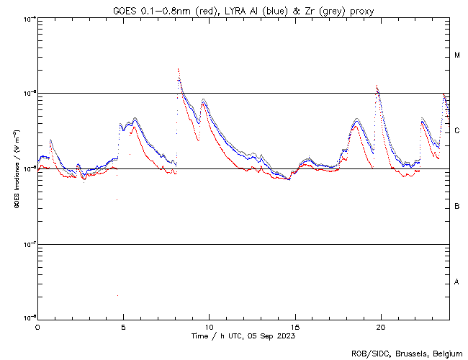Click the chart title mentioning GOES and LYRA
(x=243, y=11)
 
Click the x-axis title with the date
(x=243, y=336)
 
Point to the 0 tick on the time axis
(x=37, y=326)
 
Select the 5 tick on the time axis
(x=123, y=326)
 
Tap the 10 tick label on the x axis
(x=209, y=326)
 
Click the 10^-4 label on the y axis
(x=29, y=18)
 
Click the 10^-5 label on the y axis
(x=29, y=93)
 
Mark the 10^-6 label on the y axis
(x=29, y=168)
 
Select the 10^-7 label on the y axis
(x=29, y=244)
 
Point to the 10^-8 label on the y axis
(x=29, y=318)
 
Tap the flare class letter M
(x=457, y=55)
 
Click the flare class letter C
(x=457, y=131)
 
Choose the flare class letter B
(x=457, y=207)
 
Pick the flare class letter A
(x=457, y=282)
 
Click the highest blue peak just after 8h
(x=178, y=69)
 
